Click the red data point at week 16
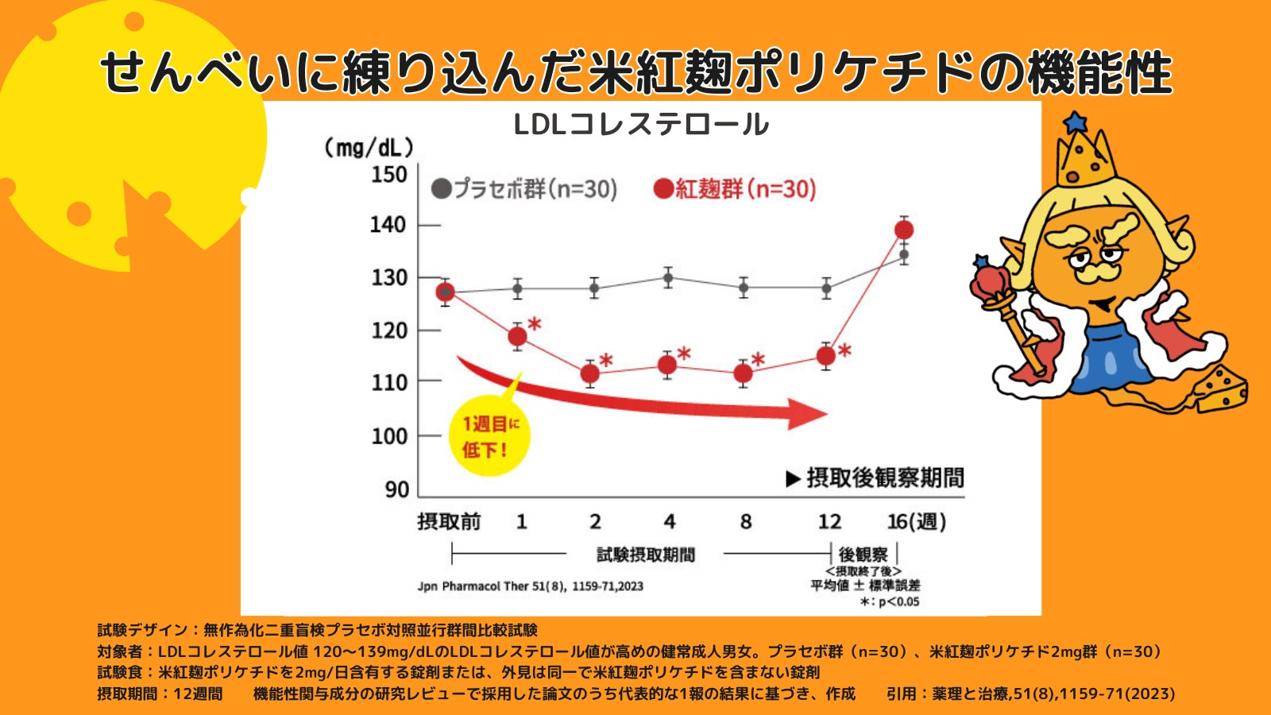coord(904,230)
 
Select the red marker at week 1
coord(517,336)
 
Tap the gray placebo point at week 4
coord(668,278)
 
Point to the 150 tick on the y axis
coord(389,174)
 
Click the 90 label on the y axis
coord(396,489)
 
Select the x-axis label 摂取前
coord(449,522)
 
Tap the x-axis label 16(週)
coord(916,522)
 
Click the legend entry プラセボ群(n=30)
coord(524,189)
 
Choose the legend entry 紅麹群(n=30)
coord(735,189)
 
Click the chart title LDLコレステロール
coord(641,125)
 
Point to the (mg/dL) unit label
coord(369,148)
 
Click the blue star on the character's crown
coord(1075,122)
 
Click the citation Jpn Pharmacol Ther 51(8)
coord(530,586)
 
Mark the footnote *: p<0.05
coord(890,601)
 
